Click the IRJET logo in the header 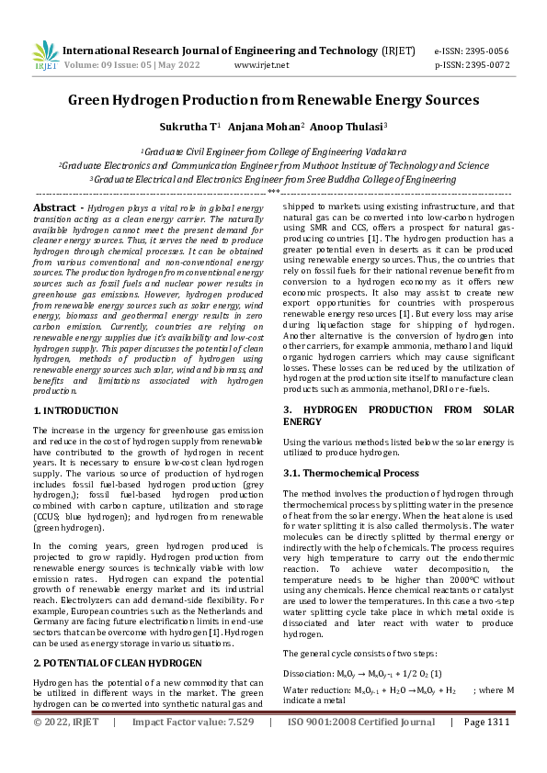click(45, 55)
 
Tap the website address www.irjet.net click(262, 65)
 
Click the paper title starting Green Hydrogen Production click(273, 99)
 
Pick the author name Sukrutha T click(188, 128)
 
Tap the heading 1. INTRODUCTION click(74, 413)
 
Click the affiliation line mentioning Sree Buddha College click(273, 180)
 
